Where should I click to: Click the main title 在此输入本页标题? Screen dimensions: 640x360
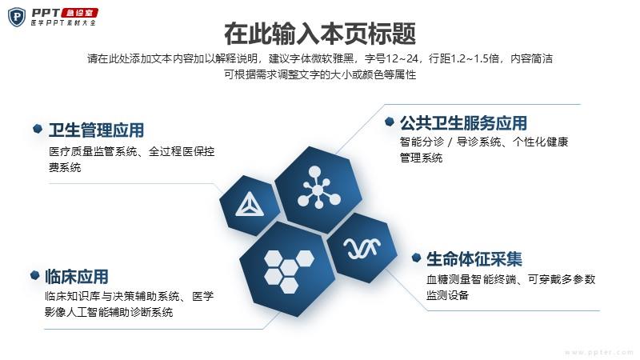tap(320, 34)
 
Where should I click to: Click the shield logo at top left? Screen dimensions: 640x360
tap(17, 17)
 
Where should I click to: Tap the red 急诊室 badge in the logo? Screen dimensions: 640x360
tap(79, 13)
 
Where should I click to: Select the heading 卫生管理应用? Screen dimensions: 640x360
tap(96, 130)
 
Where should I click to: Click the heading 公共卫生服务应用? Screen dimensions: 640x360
tap(463, 123)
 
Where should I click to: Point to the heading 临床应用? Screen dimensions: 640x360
tap(76, 277)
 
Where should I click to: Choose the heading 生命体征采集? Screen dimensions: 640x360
tap(474, 259)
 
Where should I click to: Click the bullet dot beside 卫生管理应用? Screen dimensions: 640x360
tap(38, 129)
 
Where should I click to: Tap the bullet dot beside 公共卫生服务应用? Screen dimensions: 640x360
tap(390, 122)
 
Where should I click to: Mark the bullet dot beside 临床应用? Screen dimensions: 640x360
tap(35, 275)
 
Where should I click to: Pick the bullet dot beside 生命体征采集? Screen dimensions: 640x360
tap(416, 258)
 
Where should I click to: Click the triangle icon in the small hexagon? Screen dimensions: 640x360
tap(250, 204)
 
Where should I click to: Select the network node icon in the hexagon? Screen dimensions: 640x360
tap(318, 187)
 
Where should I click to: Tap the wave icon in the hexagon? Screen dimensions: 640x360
tap(362, 248)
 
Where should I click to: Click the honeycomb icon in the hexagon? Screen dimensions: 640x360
tap(289, 271)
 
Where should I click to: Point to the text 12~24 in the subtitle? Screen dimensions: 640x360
tap(402, 58)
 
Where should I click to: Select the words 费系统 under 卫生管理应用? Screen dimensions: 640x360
tap(65, 167)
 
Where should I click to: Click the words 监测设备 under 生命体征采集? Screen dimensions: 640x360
tap(447, 295)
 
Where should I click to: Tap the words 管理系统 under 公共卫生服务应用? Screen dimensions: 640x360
tap(421, 158)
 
